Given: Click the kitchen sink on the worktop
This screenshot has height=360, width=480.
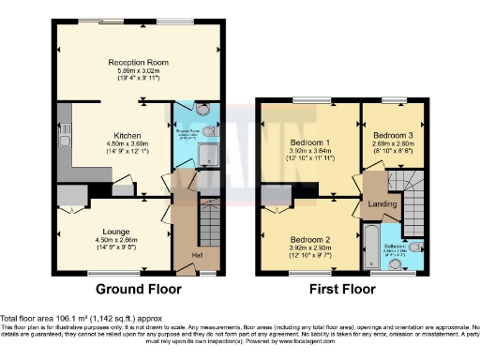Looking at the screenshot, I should tap(65, 124).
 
